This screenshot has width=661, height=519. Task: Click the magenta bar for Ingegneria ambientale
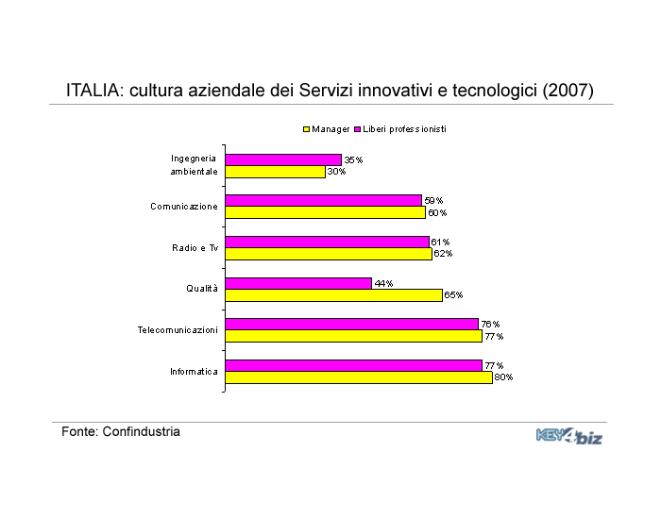click(283, 160)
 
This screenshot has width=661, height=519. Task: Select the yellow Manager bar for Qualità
click(334, 295)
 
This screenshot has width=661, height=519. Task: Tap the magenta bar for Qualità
click(298, 283)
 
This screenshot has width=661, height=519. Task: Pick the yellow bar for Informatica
click(359, 377)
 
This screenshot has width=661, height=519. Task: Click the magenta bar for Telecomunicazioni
click(352, 325)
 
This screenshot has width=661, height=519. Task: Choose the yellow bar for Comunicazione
click(326, 212)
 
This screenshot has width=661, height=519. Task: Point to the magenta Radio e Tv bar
click(327, 243)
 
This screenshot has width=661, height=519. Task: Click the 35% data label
click(353, 160)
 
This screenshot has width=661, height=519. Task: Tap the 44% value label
click(383, 283)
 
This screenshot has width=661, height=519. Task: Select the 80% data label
click(503, 377)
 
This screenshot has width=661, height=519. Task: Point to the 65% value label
click(453, 294)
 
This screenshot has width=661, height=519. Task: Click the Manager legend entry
click(327, 129)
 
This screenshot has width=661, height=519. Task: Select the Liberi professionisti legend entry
click(400, 129)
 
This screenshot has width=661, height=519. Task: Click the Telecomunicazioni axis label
click(178, 330)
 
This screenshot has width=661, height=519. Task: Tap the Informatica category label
click(194, 372)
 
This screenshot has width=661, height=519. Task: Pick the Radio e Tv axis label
click(195, 247)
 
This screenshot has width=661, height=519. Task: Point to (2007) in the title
click(568, 91)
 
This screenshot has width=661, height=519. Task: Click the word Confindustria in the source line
click(142, 432)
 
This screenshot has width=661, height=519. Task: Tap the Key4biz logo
click(569, 436)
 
